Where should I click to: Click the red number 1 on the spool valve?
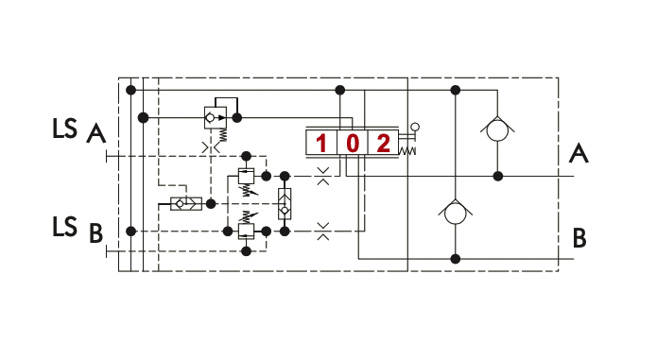pyautogui.click(x=321, y=144)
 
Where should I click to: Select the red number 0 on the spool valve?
pyautogui.click(x=353, y=144)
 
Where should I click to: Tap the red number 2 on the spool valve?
pyautogui.click(x=384, y=144)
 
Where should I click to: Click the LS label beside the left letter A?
pyautogui.click(x=65, y=129)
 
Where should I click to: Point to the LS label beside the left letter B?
pyautogui.click(x=65, y=227)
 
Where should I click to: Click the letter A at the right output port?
pyautogui.click(x=579, y=153)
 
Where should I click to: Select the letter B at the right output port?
pyautogui.click(x=579, y=238)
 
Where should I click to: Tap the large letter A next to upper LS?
pyautogui.click(x=96, y=134)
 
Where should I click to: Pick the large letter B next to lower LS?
pyautogui.click(x=96, y=233)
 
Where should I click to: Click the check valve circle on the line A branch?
pyautogui.click(x=497, y=129)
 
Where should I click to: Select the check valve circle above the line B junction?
pyautogui.click(x=456, y=214)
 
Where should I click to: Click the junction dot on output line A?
pyautogui.click(x=498, y=177)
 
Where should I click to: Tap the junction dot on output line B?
pyautogui.click(x=456, y=259)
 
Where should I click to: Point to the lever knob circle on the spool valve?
pyautogui.click(x=415, y=127)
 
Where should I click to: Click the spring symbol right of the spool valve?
pyautogui.click(x=406, y=151)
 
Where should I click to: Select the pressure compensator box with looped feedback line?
pyautogui.click(x=216, y=117)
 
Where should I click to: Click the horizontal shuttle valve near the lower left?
pyautogui.click(x=186, y=204)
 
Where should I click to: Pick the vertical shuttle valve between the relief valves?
pyautogui.click(x=285, y=204)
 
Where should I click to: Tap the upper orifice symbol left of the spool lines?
pyautogui.click(x=323, y=177)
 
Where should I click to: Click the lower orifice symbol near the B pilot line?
pyautogui.click(x=323, y=231)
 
